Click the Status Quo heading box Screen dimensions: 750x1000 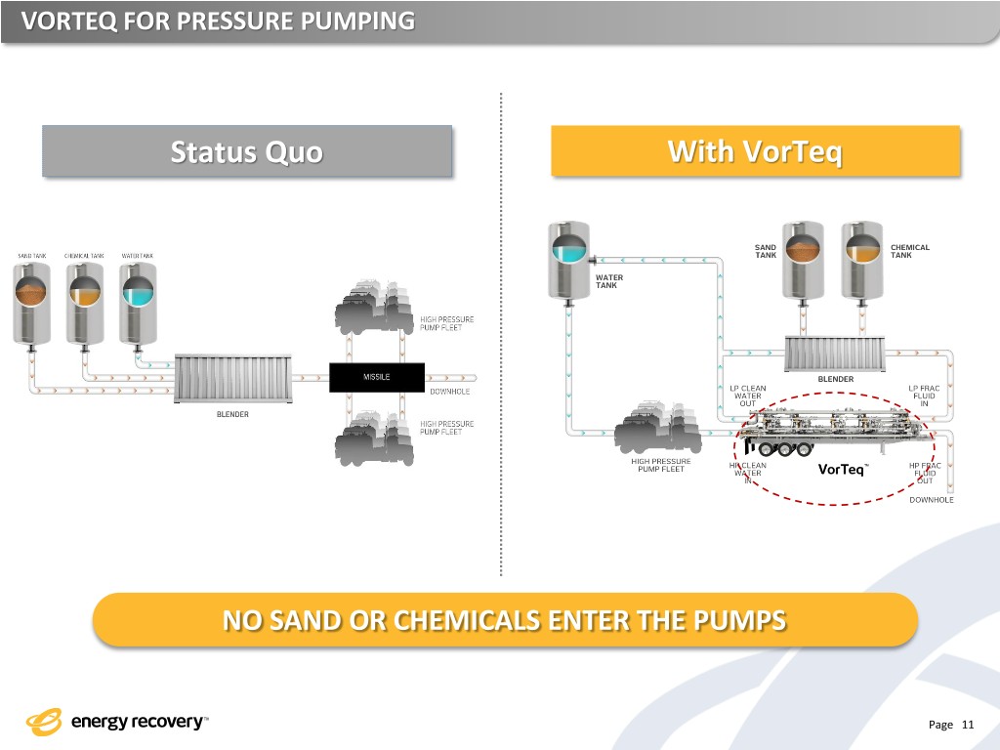[x=247, y=151]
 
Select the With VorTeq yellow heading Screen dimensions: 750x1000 [x=755, y=151]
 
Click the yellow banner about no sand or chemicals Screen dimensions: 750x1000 [x=504, y=620]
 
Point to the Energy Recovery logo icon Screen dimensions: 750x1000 [x=45, y=723]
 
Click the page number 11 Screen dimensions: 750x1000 [x=968, y=725]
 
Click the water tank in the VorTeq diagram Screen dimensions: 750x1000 [x=567, y=259]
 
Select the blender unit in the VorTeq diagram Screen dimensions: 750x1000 [x=835, y=353]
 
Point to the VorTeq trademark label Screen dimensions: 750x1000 [x=843, y=471]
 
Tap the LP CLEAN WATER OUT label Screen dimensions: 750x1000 [x=748, y=396]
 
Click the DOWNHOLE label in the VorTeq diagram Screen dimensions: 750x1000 [x=932, y=500]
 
